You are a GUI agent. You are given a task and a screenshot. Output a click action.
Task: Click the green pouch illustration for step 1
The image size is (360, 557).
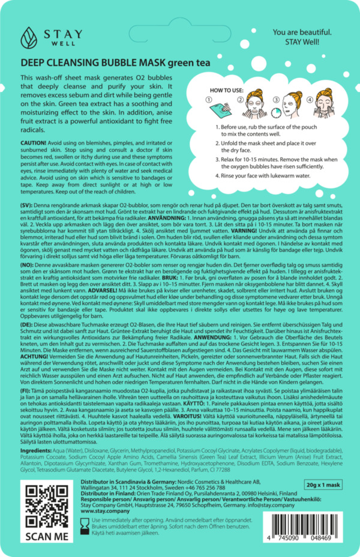(226, 108)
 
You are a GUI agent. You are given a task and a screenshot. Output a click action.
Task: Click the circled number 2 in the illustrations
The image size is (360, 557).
(242, 100)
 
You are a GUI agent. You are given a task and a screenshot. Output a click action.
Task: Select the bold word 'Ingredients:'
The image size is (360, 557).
(37, 450)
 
